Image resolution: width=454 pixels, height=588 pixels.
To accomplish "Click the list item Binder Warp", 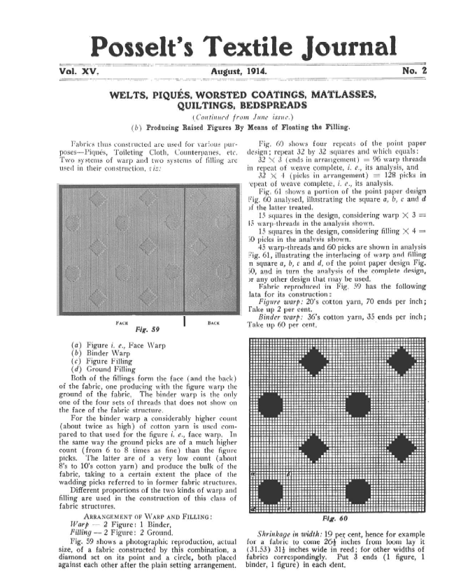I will pyautogui.click(x=116, y=354).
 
